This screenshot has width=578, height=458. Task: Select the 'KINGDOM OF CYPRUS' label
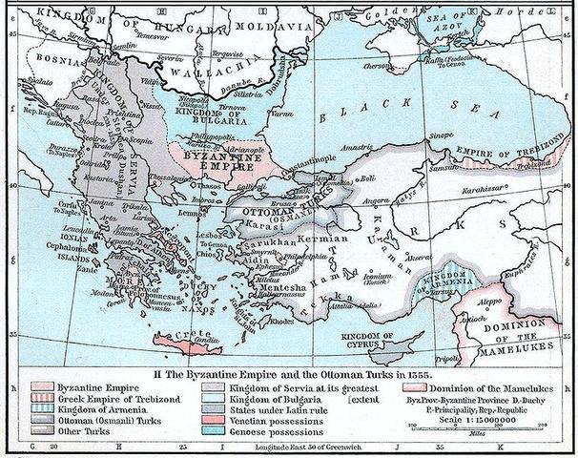point(390,340)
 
